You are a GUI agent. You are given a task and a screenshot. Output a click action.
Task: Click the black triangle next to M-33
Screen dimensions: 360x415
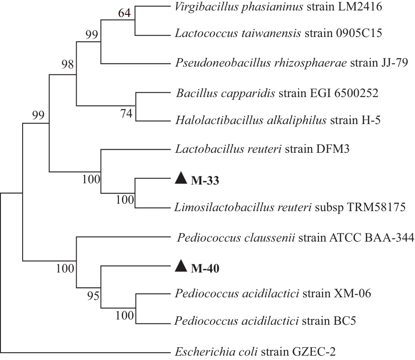pyautogui.click(x=180, y=179)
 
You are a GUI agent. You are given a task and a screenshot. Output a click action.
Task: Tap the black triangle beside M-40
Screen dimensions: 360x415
pyautogui.click(x=180, y=266)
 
